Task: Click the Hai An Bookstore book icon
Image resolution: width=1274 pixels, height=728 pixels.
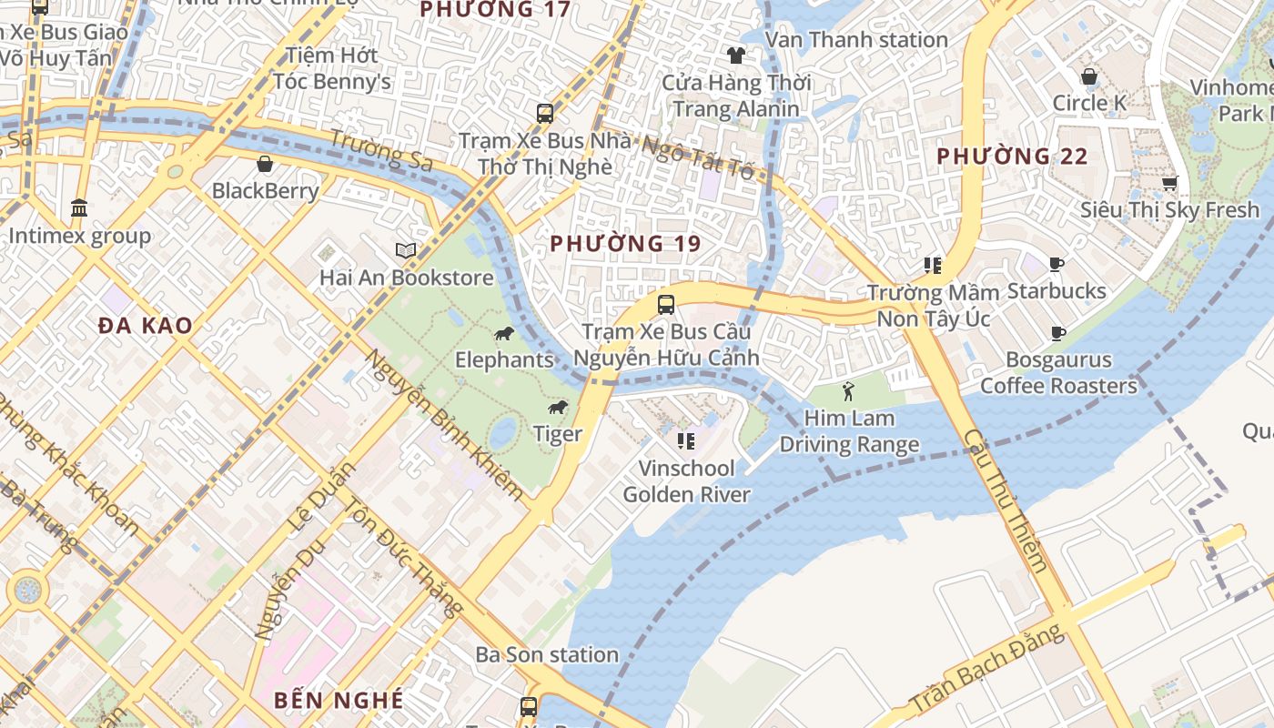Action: tap(406, 250)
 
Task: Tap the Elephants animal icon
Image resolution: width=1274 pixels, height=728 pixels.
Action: tap(504, 334)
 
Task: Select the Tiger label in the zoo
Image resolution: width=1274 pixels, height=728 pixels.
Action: tap(557, 434)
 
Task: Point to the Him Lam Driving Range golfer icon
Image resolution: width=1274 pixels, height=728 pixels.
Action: tap(849, 391)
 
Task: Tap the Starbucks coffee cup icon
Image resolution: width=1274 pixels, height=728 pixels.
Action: tap(1056, 265)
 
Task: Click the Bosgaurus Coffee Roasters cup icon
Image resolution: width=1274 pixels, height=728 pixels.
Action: tap(1057, 333)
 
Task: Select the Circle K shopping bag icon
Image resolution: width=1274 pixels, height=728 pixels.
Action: tap(1088, 76)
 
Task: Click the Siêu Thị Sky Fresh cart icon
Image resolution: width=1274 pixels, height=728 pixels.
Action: tap(1169, 183)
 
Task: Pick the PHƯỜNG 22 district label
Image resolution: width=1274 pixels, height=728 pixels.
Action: tap(1012, 157)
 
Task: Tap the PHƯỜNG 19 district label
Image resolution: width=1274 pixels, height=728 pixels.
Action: tap(626, 244)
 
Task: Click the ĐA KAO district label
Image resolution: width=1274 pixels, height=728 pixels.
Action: tap(146, 326)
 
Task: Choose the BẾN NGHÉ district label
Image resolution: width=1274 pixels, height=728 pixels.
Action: tap(339, 700)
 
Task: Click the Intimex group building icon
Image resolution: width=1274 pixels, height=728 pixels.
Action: tap(79, 208)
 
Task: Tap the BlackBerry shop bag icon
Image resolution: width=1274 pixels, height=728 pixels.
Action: tap(265, 164)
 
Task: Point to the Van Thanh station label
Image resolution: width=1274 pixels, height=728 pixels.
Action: tap(856, 40)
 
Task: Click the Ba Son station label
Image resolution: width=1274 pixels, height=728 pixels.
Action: tap(547, 654)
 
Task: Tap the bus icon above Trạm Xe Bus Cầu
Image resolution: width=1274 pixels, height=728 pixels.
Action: tap(666, 304)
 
